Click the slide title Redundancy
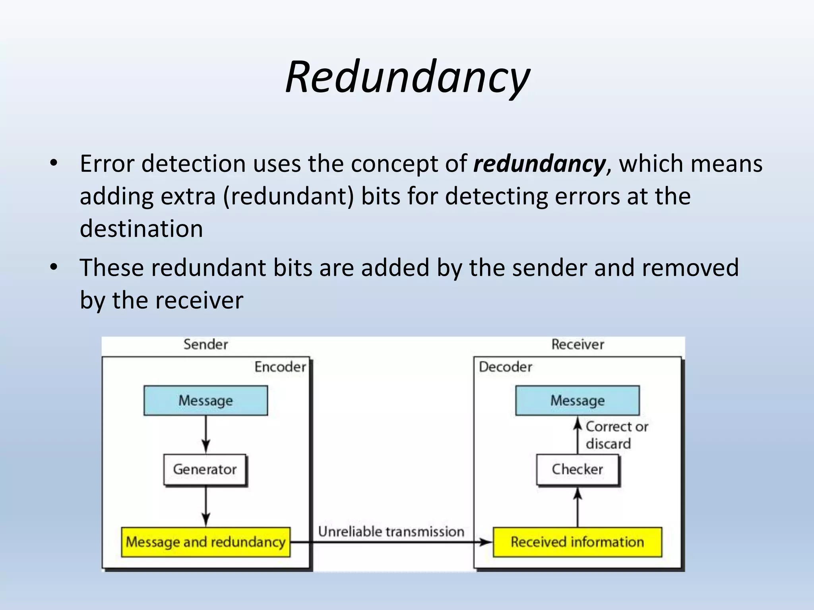(x=407, y=77)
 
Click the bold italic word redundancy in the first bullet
(x=539, y=164)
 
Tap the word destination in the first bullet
(x=141, y=229)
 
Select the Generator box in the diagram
(x=205, y=470)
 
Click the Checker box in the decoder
(x=578, y=470)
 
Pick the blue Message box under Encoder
(x=205, y=400)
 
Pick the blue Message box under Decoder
(x=578, y=400)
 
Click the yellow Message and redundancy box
(x=205, y=542)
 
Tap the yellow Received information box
(x=578, y=542)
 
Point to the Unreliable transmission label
(x=391, y=531)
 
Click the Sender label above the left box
(x=205, y=344)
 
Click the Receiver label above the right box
(x=578, y=344)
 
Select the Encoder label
(x=280, y=367)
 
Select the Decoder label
(x=505, y=367)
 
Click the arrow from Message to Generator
(x=206, y=434)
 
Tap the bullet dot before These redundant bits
(x=54, y=267)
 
